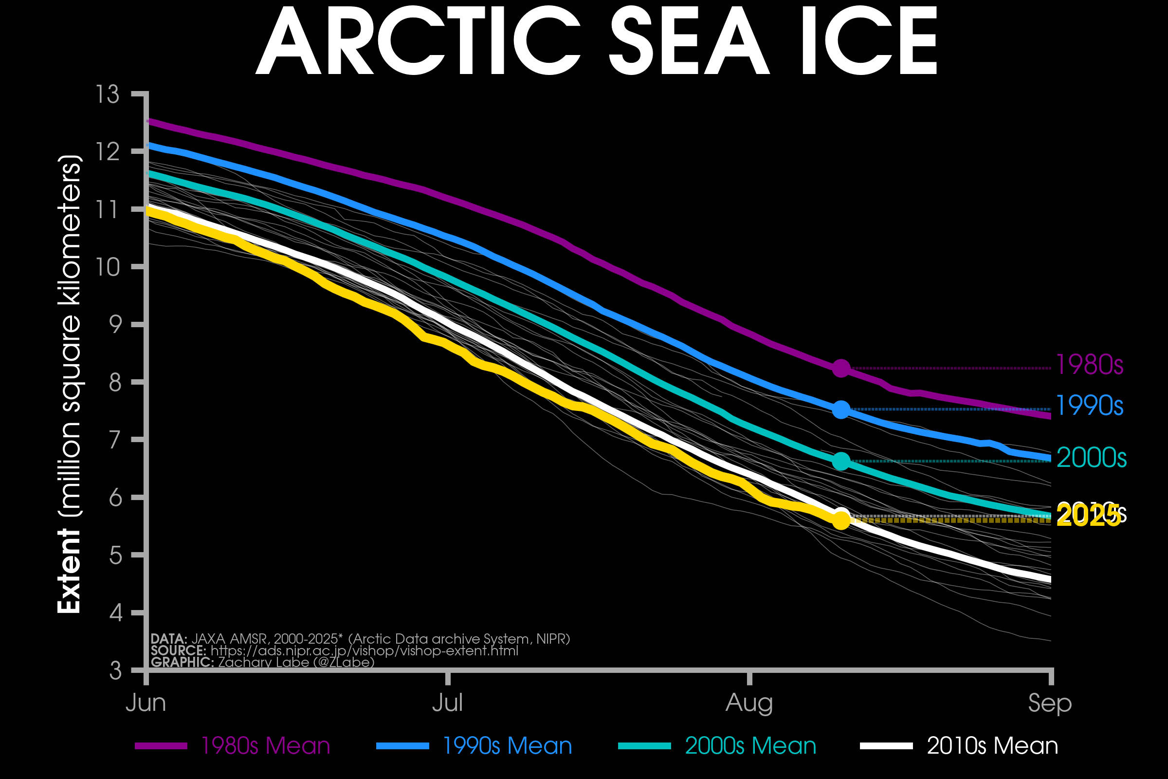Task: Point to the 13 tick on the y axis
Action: pos(108,94)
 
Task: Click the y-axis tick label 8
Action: pos(115,383)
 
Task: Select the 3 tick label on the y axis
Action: pos(115,671)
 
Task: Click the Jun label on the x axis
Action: pos(146,703)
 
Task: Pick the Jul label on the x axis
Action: pos(447,703)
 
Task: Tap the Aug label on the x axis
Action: pos(749,703)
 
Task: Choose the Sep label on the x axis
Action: pos(1050,703)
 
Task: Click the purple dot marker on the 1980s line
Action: pos(841,368)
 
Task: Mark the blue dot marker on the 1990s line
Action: pos(841,409)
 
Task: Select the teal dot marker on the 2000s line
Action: pos(841,461)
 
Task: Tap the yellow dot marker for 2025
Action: pos(841,520)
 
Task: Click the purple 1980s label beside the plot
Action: pos(1089,365)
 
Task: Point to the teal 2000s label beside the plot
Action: pos(1091,458)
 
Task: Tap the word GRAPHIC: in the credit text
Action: pos(182,662)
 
